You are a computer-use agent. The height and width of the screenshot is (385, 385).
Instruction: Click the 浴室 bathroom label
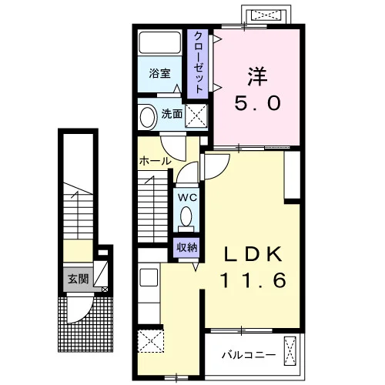[x=159, y=74]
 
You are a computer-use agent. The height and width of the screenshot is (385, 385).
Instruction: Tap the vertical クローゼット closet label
[x=198, y=62]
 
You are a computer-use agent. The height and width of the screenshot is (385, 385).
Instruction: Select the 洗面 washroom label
[x=172, y=114]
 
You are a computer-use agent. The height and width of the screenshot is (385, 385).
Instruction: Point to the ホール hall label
[x=155, y=161]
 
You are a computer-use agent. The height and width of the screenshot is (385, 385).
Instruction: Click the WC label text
[x=188, y=198]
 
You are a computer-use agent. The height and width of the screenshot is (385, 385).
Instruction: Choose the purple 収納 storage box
[x=186, y=248]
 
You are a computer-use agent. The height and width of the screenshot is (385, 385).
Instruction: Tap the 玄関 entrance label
[x=78, y=279]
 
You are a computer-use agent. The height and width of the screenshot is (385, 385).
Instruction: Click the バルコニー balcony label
[x=249, y=356]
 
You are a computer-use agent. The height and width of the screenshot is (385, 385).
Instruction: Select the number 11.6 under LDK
[x=253, y=280]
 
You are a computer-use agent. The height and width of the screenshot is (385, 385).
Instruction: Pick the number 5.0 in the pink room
[x=257, y=103]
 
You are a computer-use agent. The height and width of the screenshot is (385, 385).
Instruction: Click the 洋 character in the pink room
[x=257, y=76]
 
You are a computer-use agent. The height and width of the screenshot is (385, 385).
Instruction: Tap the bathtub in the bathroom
[x=160, y=42]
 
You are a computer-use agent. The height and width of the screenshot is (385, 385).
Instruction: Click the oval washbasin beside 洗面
[x=148, y=117]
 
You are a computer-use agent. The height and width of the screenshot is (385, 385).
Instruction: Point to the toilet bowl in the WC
[x=186, y=216]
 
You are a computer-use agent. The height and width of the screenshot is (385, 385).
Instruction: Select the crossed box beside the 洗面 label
[x=196, y=115]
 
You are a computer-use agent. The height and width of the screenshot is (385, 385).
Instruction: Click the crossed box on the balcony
[x=290, y=350]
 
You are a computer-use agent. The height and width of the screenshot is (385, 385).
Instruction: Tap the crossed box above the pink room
[x=266, y=15]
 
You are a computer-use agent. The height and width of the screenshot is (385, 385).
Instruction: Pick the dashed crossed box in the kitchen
[x=151, y=341]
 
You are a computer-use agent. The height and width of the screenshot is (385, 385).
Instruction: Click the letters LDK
[x=253, y=254]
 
